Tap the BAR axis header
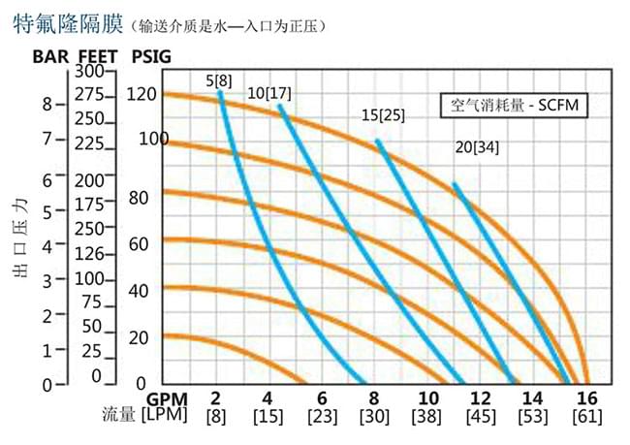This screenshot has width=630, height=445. click(51, 55)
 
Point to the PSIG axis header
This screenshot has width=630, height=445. click(148, 55)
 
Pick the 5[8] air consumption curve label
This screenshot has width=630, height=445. click(218, 80)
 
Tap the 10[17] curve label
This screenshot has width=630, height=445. click(269, 93)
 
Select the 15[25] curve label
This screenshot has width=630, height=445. click(383, 115)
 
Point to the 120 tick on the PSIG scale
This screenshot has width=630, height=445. click(142, 94)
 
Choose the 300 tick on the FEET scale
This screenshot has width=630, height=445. click(88, 72)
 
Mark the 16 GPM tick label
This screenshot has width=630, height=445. click(585, 398)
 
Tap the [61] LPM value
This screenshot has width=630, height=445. click(585, 418)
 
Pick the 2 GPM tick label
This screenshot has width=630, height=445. click(215, 398)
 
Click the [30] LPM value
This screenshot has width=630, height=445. click(374, 418)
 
